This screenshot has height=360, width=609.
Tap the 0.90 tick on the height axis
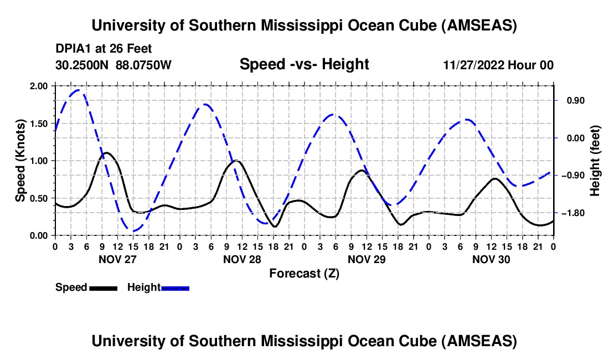(x=571, y=100)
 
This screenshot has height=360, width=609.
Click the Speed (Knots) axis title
(x=20, y=161)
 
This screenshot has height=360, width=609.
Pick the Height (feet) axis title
(x=595, y=161)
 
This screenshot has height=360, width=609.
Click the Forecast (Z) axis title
(x=304, y=273)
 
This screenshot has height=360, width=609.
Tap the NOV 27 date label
(x=117, y=259)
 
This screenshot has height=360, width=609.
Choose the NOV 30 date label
(x=491, y=259)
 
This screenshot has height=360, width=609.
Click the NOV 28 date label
(x=241, y=259)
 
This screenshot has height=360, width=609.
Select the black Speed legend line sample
(x=104, y=288)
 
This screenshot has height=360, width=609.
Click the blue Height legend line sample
(x=176, y=288)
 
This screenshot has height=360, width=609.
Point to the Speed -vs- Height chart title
(x=304, y=64)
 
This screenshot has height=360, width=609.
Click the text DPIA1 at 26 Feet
(x=104, y=49)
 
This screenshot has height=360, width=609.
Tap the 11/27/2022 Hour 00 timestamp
(x=498, y=65)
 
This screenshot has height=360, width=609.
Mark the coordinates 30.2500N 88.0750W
(x=113, y=65)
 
